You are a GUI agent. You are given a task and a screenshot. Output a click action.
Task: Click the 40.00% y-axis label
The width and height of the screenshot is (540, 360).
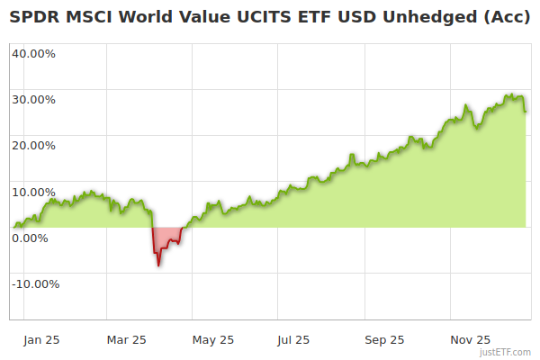click(33, 53)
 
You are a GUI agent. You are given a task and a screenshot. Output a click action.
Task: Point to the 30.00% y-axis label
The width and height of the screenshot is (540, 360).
click(33, 99)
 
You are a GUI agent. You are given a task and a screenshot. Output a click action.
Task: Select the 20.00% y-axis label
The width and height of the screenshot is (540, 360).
click(33, 145)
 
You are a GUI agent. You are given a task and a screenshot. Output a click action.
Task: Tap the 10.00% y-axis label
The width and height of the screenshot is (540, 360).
click(33, 192)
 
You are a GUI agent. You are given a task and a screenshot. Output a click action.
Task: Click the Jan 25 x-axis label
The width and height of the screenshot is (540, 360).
click(42, 340)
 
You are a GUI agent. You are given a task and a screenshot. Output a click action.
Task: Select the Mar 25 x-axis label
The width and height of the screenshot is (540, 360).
click(127, 340)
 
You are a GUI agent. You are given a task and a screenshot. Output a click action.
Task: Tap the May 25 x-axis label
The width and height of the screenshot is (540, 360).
click(213, 340)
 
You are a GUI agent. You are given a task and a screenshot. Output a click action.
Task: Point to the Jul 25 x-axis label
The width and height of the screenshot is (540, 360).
click(293, 340)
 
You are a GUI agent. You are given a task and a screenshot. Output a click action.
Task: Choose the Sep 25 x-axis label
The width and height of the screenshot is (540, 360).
click(384, 340)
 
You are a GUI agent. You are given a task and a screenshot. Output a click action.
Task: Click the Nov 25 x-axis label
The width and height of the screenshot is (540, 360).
click(471, 340)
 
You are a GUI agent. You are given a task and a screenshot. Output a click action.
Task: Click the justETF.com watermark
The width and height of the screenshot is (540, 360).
click(505, 352)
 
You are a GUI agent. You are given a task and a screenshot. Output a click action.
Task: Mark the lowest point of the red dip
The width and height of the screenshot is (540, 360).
click(158, 265)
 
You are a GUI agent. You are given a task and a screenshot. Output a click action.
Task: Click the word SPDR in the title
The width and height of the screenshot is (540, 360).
click(33, 15)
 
